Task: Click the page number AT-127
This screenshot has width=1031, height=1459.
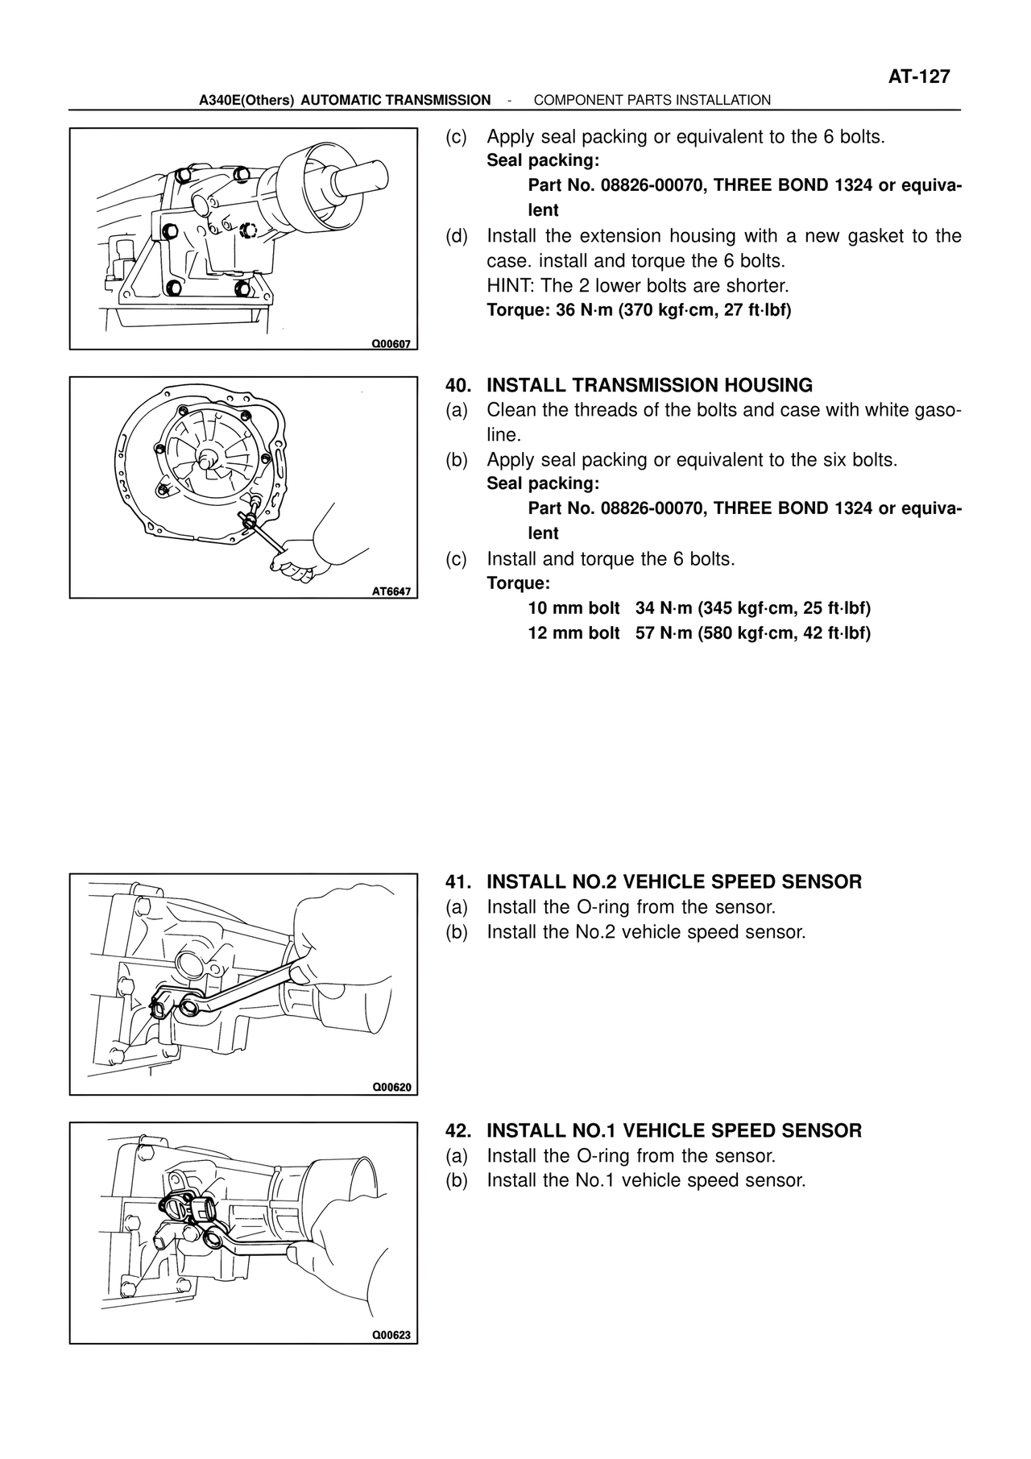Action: point(919,77)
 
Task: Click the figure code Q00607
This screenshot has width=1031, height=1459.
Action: point(391,343)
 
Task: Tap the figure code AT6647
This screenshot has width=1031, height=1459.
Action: point(391,591)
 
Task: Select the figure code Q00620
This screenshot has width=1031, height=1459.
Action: point(391,1088)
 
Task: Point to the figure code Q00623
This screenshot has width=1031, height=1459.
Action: point(391,1336)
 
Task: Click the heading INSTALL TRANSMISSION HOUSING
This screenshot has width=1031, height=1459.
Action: point(649,385)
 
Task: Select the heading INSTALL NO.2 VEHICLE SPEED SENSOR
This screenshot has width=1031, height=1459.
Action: point(674,882)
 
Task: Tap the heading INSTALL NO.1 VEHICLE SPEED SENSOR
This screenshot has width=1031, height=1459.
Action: point(674,1131)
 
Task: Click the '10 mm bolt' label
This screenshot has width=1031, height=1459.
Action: point(573,608)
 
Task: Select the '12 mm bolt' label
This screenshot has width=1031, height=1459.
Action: point(573,633)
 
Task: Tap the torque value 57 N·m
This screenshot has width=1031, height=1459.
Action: point(664,633)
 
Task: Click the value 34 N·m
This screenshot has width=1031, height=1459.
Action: point(664,608)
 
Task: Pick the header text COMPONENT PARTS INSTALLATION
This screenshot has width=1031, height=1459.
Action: point(652,101)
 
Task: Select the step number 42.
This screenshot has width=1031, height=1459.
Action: point(457,1131)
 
